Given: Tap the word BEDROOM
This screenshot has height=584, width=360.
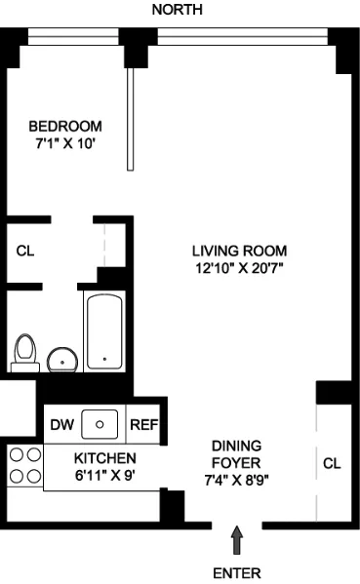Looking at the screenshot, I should coord(65,127).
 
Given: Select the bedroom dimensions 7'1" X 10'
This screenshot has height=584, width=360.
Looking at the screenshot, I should coord(65,144).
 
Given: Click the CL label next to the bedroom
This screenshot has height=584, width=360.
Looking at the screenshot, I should coord(25,251).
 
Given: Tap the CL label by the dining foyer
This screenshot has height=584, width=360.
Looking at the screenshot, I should coord(332,464).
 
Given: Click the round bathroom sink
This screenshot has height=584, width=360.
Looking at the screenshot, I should coord(63,359).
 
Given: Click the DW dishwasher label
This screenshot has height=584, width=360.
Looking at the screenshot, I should coord(60,424).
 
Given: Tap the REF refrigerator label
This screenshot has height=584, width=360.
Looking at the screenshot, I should coord(143,424).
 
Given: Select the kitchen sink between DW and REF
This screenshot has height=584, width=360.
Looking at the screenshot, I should coord(100,424).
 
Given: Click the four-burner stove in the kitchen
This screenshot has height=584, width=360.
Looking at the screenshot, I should coord(25,465).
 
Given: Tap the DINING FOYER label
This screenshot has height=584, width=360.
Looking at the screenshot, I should coord(237,454).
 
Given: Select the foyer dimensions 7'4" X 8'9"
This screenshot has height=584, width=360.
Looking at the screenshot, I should coord(237,480).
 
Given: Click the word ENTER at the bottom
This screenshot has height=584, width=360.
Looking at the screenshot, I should coord(236,571).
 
